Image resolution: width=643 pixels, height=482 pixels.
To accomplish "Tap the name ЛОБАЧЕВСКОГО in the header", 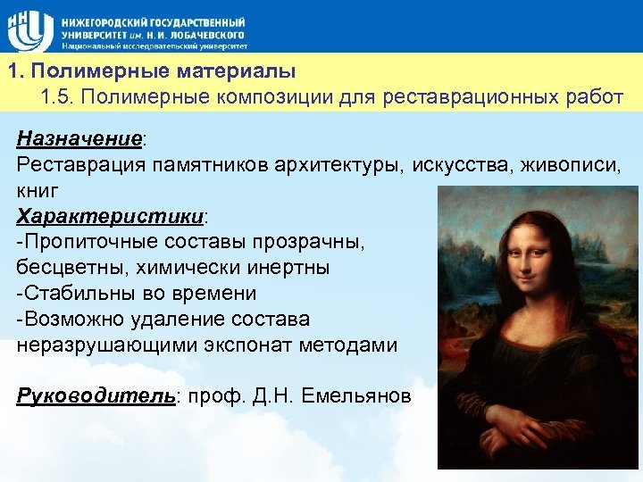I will [x=213, y=32].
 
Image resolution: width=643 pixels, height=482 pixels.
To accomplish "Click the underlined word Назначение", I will [x=79, y=139].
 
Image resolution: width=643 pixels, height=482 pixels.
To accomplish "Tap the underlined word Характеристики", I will [x=110, y=217].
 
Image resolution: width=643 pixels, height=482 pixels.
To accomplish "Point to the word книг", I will [x=38, y=191].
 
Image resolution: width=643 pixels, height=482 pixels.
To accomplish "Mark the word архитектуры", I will [x=344, y=165].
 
